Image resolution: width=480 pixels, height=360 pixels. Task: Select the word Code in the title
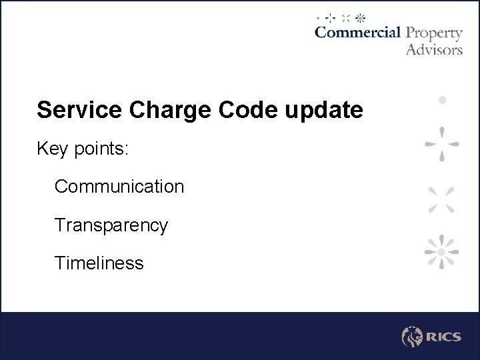(x=237, y=110)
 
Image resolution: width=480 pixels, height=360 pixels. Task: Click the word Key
(x=53, y=149)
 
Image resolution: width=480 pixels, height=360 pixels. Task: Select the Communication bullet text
(x=119, y=187)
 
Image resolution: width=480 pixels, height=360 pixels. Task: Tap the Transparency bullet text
(x=111, y=225)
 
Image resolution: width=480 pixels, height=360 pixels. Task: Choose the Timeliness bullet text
(x=99, y=263)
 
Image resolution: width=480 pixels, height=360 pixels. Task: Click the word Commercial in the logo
(x=357, y=33)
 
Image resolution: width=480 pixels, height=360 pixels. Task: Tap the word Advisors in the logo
(x=434, y=49)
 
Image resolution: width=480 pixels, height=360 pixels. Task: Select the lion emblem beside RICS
(x=411, y=337)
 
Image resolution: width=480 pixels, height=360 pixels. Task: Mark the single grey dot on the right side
(x=441, y=100)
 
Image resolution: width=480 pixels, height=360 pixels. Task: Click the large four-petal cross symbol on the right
(x=441, y=143)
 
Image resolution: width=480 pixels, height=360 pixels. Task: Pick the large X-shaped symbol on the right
(x=441, y=199)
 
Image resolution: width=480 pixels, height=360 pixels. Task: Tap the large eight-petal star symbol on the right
(x=441, y=252)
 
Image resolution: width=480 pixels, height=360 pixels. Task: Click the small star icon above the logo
(x=360, y=17)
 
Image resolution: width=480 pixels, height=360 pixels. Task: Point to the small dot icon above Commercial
(x=319, y=17)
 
